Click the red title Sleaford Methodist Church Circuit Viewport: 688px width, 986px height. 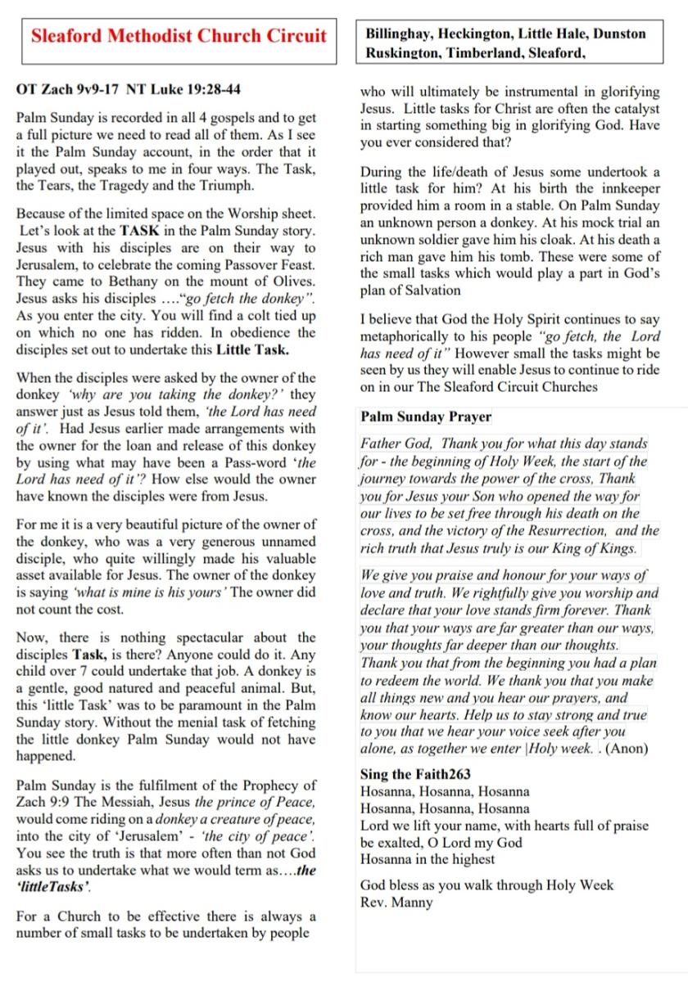pos(179,36)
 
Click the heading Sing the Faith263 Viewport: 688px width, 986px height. pos(415,774)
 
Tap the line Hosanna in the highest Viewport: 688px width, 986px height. pos(428,859)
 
